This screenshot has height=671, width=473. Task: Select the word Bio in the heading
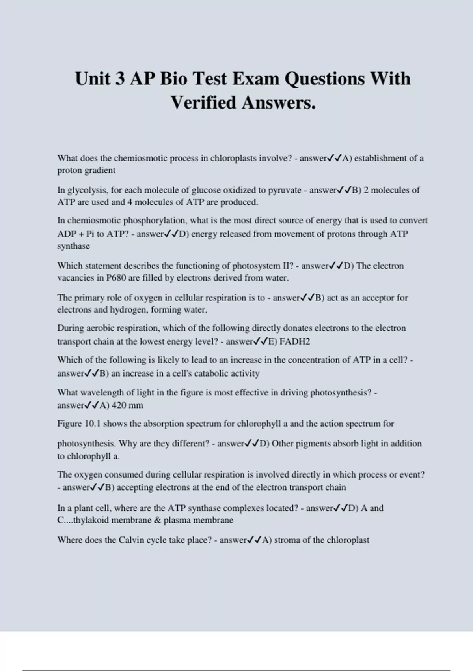173,78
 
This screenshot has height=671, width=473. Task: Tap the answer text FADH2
294,341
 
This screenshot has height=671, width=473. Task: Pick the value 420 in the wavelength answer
119,405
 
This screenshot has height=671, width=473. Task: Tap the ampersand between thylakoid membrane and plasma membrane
157,520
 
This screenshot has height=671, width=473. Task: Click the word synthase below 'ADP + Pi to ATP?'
73,246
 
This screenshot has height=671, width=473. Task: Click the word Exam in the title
256,78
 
